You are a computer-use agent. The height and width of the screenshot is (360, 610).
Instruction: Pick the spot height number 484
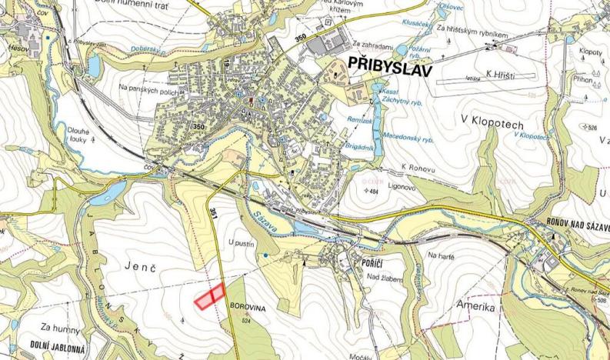(x=375, y=191)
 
